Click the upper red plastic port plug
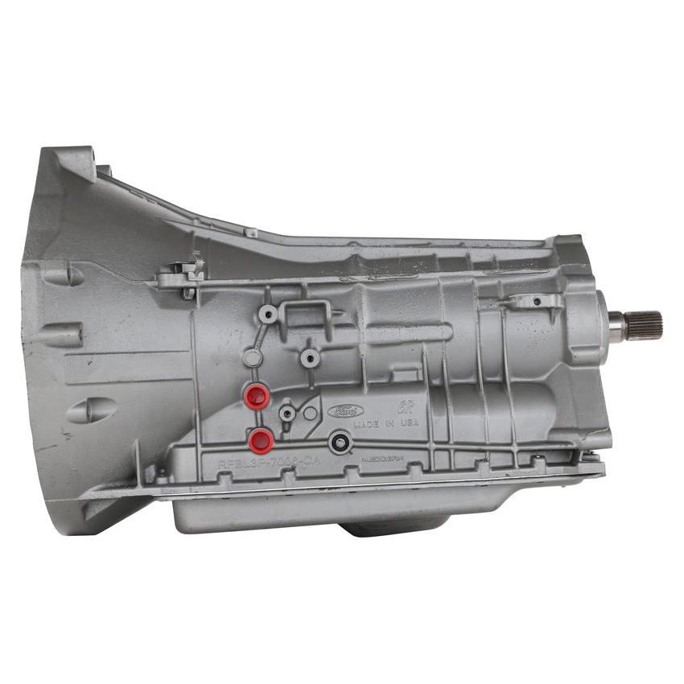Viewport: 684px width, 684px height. point(258,394)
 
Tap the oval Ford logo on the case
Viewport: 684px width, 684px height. point(345,411)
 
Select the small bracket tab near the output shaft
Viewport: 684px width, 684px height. point(536,303)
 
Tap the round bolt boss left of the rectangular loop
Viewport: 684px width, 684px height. point(268,314)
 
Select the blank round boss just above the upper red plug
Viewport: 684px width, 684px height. point(252,359)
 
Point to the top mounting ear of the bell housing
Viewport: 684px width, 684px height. point(76,162)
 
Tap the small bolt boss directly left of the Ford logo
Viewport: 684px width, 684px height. point(287,413)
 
